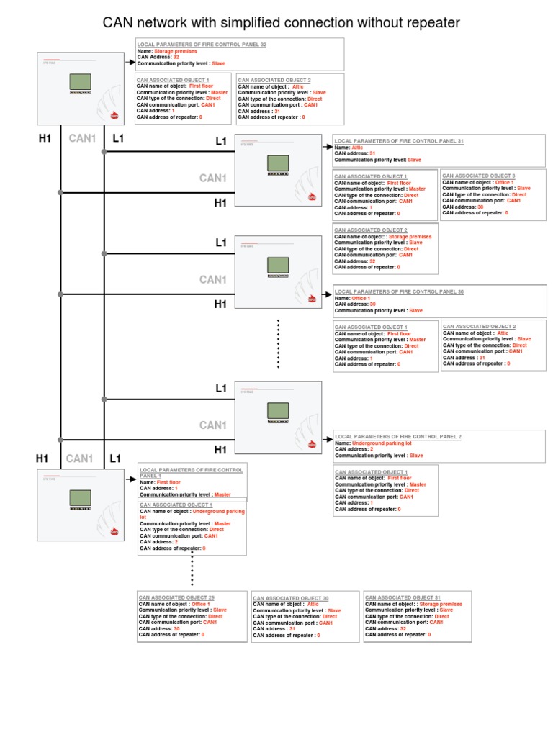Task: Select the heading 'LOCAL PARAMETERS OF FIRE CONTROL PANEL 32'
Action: coord(202,45)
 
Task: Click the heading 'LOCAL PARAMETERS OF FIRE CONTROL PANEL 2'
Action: coord(398,436)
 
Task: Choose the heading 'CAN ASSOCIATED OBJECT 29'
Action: coord(176,597)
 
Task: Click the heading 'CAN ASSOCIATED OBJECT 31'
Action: coord(403,597)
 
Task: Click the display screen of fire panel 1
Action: coord(79,497)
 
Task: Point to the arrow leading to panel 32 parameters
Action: coord(129,63)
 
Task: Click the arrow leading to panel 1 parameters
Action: coord(130,478)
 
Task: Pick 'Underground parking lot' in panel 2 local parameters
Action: coord(382,443)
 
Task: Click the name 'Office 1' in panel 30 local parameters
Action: coord(361,298)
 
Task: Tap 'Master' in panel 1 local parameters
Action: coord(222,494)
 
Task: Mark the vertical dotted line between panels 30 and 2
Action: coord(278,344)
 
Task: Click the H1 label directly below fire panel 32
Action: coord(45,137)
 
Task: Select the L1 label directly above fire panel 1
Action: coord(114,458)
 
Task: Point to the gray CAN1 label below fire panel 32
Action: coord(82,137)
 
